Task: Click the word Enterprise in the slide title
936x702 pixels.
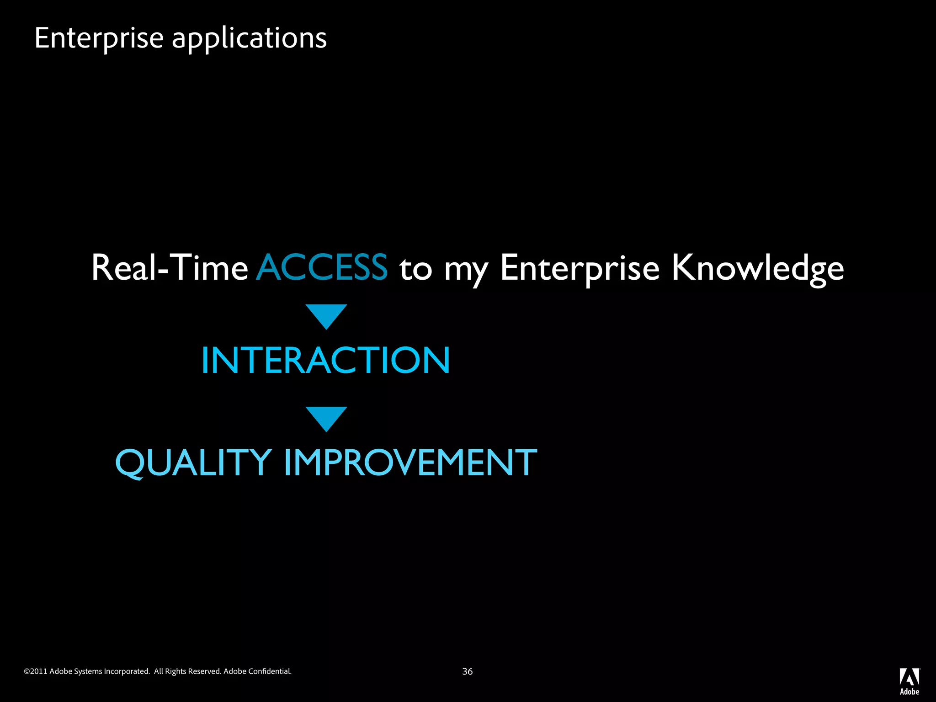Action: click(x=99, y=38)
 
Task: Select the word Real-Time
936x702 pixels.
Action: click(x=170, y=267)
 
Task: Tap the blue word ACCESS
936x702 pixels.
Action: click(x=322, y=267)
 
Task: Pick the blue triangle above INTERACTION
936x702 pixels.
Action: click(x=326, y=315)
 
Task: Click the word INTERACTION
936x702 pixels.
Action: click(x=326, y=361)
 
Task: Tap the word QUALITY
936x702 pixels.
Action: click(x=194, y=463)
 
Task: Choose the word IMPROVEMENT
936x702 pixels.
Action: click(x=410, y=463)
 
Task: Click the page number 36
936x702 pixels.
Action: click(x=468, y=671)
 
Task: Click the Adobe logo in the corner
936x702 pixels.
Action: click(x=909, y=681)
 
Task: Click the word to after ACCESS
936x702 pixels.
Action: click(x=415, y=269)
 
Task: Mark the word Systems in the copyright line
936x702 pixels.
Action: click(x=88, y=671)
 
